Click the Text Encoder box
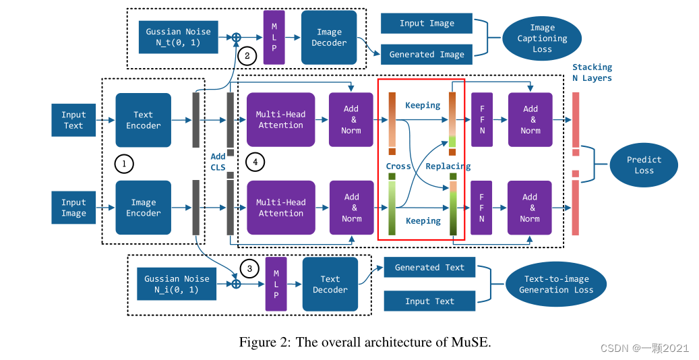[x=143, y=120]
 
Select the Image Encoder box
[x=143, y=208]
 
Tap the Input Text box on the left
[x=73, y=120]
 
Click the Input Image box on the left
[x=73, y=208]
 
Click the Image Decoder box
[x=329, y=38]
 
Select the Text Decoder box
[x=330, y=284]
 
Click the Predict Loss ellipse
[x=644, y=165]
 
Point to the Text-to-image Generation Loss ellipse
[x=556, y=284]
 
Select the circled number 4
[x=254, y=162]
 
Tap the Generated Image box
[x=427, y=55]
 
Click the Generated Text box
[x=429, y=268]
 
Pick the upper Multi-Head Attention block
[x=281, y=120]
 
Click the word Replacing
[x=448, y=166]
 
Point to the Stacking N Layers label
[x=592, y=72]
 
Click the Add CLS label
[x=218, y=162]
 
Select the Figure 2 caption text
[x=365, y=342]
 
